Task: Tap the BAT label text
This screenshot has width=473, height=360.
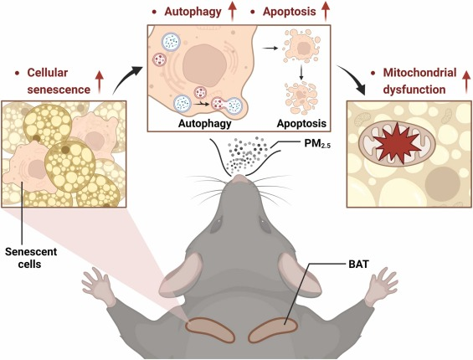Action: [x=358, y=265]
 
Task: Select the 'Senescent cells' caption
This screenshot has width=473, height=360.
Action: [x=31, y=257]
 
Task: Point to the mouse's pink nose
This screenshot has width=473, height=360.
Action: [x=239, y=178]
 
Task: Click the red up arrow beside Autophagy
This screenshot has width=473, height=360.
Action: [x=233, y=12]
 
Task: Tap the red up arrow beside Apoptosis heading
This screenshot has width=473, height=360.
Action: [x=326, y=12]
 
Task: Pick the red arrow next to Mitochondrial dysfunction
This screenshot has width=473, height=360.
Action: [x=466, y=82]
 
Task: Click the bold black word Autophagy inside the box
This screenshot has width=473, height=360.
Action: [x=204, y=123]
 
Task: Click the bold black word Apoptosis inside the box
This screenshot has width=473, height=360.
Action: [x=301, y=123]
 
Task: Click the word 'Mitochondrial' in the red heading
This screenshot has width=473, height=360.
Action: [x=419, y=73]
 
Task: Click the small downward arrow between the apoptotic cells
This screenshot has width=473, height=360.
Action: [x=301, y=73]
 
